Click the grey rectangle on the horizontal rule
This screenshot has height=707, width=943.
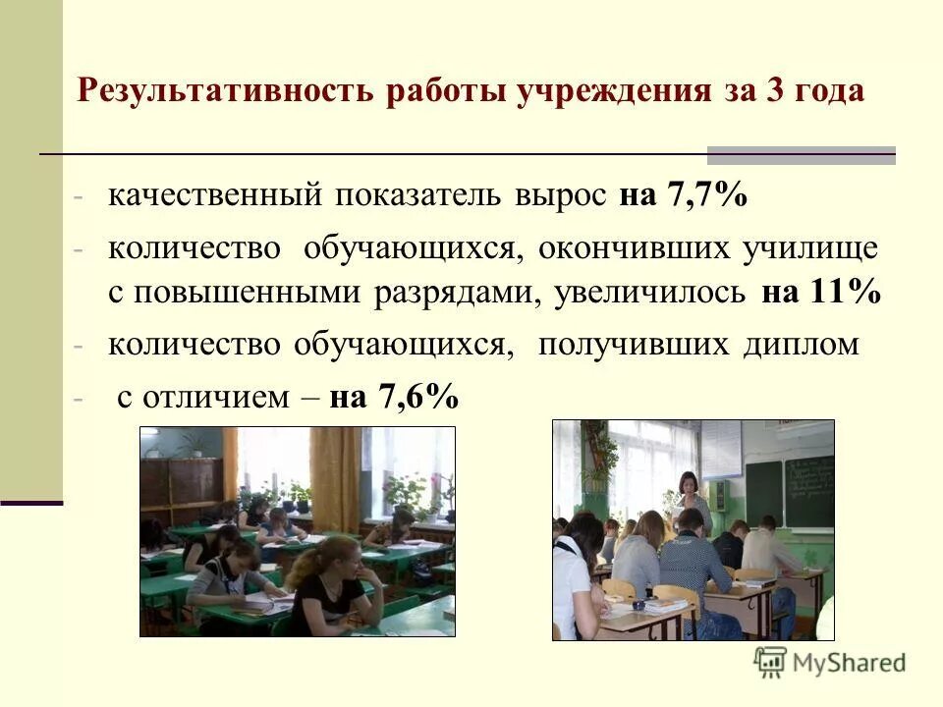(802, 155)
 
